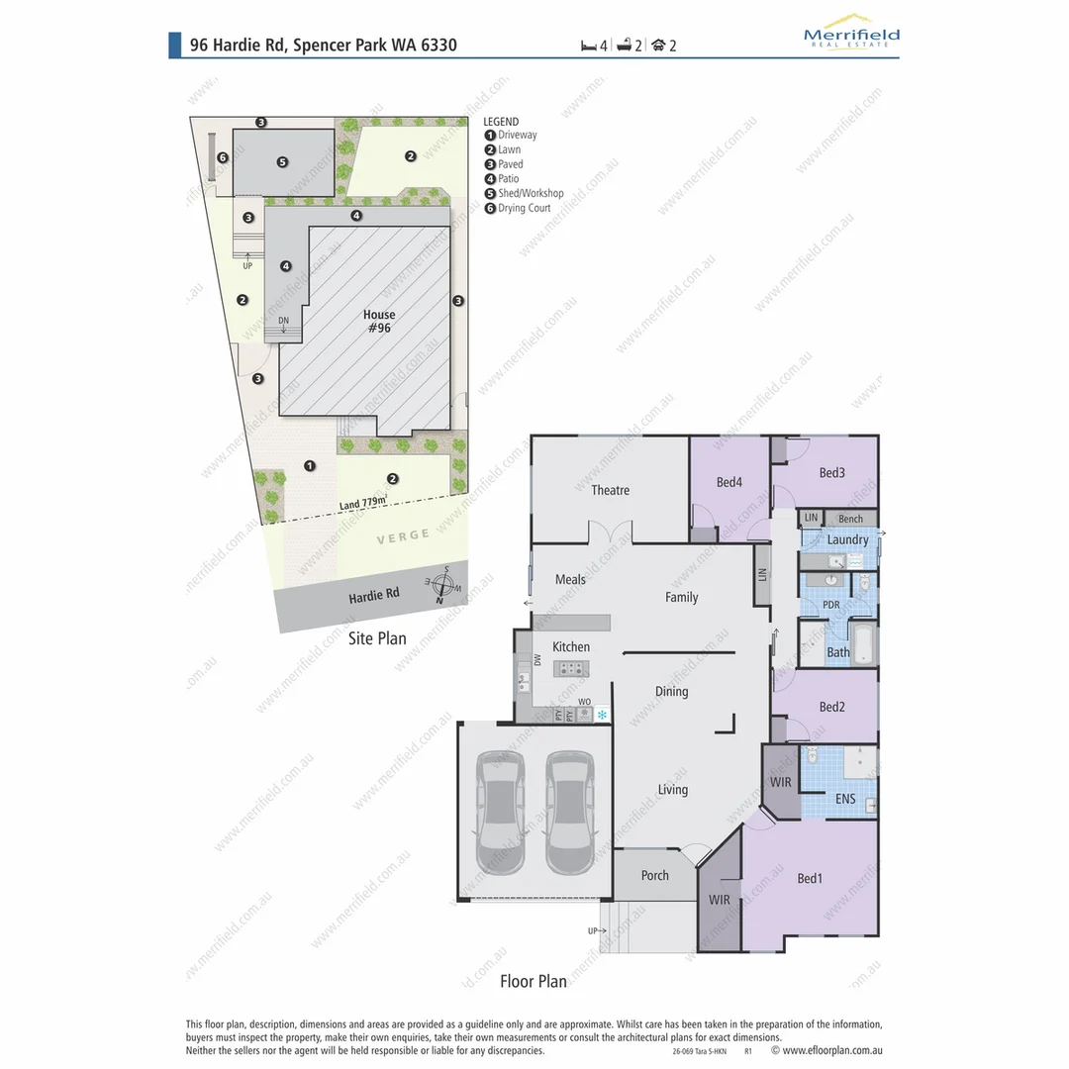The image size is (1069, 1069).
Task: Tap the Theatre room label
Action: (610, 490)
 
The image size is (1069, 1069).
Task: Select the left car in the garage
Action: (501, 812)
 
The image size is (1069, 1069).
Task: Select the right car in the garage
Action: (568, 812)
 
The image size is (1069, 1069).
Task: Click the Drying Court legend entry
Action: (524, 208)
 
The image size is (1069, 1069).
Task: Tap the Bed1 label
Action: (811, 878)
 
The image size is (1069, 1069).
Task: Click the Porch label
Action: (654, 875)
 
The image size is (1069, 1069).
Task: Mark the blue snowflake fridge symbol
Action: (601, 714)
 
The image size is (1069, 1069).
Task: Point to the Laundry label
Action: (847, 539)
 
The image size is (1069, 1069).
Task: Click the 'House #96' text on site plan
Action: (378, 321)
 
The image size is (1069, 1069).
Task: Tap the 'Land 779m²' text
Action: (363, 503)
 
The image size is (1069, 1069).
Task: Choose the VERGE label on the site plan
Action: (403, 534)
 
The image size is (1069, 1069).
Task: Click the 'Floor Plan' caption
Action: (533, 981)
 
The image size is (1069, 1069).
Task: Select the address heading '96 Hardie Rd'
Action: (323, 45)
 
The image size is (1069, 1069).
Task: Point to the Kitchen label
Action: (570, 646)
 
